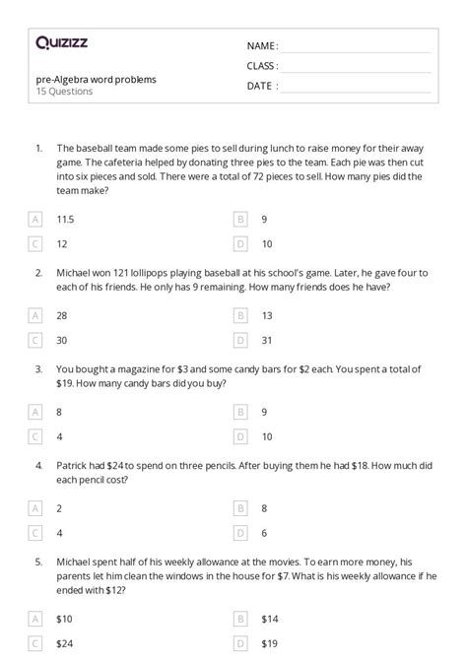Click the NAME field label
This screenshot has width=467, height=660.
[261, 46]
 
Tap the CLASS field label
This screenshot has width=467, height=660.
[262, 66]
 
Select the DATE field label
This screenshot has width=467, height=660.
[261, 86]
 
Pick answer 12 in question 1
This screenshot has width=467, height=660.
[62, 243]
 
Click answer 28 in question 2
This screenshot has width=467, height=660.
[62, 315]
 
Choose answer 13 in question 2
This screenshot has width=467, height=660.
[266, 315]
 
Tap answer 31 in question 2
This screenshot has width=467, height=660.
[266, 340]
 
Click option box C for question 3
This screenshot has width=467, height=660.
[36, 436]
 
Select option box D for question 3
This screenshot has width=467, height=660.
[239, 436]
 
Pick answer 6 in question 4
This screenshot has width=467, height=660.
[263, 533]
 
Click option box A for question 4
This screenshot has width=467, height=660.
[36, 508]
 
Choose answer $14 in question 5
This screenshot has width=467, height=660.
[270, 619]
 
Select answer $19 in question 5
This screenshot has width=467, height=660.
[270, 643]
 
